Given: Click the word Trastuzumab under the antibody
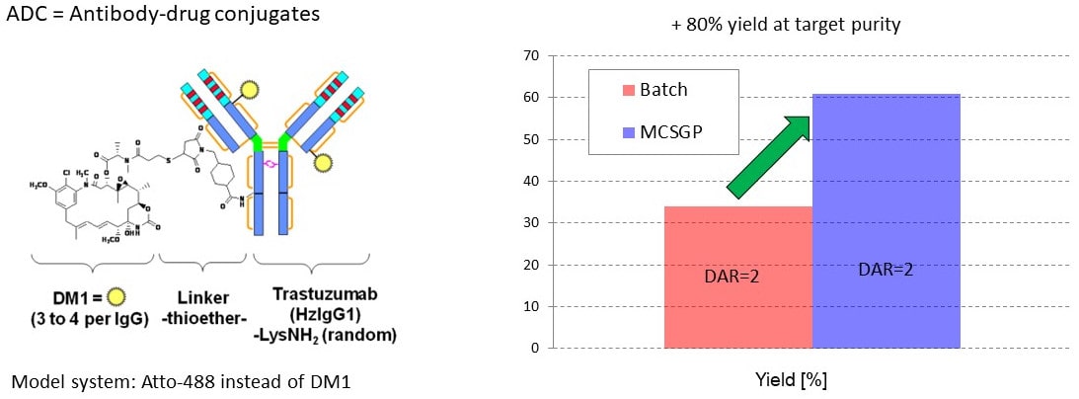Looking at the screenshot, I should click(x=324, y=298).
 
